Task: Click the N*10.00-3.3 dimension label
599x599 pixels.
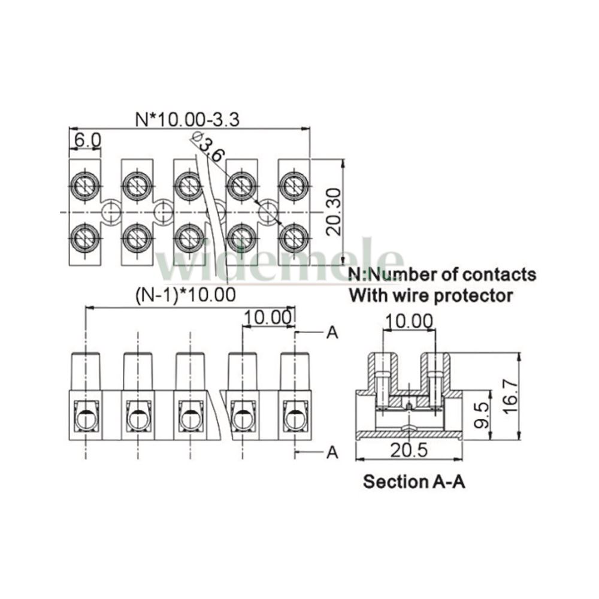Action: click(x=187, y=119)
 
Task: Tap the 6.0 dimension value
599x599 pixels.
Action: click(x=87, y=140)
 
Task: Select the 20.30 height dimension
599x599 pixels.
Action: click(x=334, y=211)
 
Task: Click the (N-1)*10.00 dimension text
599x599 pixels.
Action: click(x=186, y=295)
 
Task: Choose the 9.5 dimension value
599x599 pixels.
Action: click(x=481, y=415)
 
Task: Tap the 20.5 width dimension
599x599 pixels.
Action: click(x=409, y=450)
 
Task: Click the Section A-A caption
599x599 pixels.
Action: click(x=414, y=482)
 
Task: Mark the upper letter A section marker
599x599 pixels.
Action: click(x=332, y=332)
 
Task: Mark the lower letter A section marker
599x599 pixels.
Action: click(x=332, y=452)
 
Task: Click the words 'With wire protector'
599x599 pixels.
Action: click(x=431, y=295)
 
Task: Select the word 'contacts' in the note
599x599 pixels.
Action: click(x=499, y=275)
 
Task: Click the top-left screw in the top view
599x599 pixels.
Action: click(x=84, y=186)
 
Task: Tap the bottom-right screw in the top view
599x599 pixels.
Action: click(x=294, y=237)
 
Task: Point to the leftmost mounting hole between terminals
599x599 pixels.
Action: click(x=111, y=211)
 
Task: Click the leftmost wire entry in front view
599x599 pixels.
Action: click(x=86, y=419)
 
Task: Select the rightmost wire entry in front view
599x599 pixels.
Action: click(x=295, y=419)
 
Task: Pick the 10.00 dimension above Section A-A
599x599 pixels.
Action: click(x=409, y=321)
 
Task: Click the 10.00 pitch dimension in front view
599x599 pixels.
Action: click(x=267, y=317)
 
